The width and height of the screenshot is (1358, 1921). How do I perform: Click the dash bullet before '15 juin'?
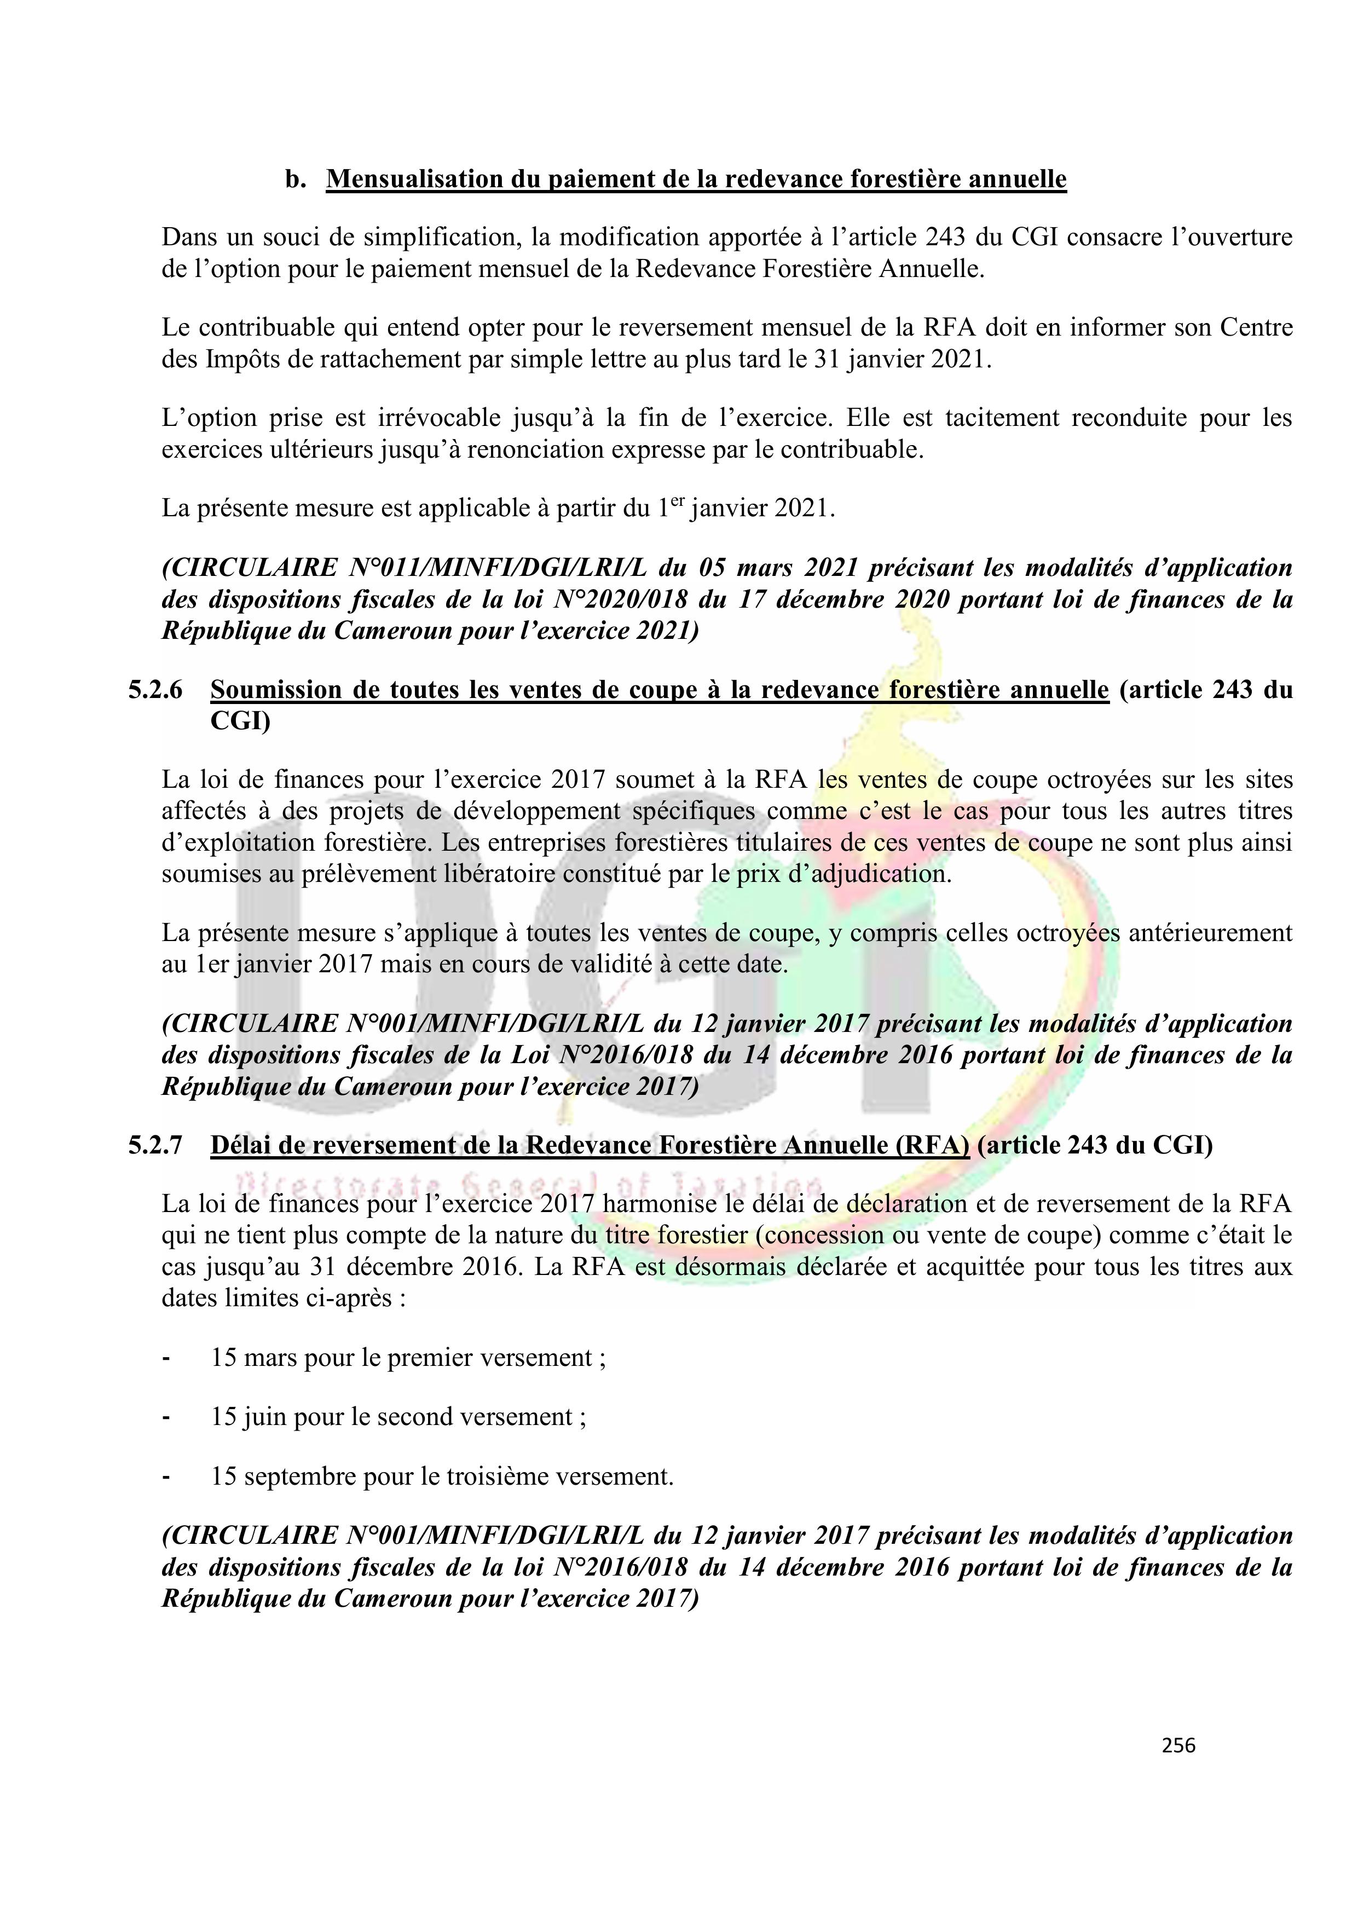click(x=166, y=1416)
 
